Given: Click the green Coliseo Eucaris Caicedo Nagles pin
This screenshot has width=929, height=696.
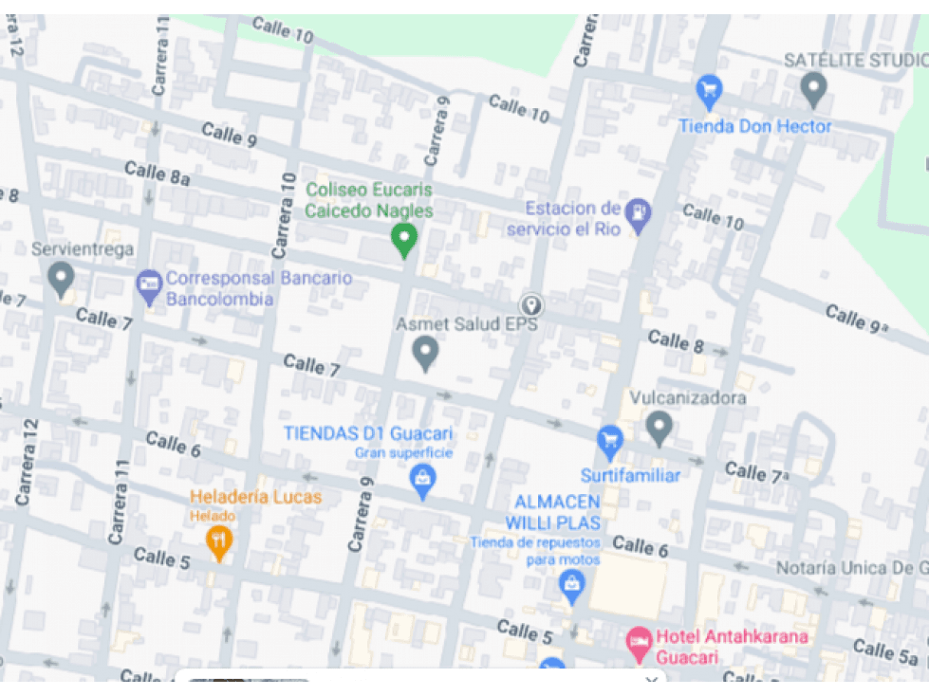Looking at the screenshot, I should (x=404, y=240).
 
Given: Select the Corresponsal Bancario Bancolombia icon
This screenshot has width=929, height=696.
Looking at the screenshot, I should (x=149, y=284).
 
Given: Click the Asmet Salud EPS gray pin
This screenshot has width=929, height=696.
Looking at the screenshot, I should (x=426, y=353).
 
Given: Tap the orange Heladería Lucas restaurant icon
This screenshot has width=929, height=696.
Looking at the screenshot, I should (x=219, y=540).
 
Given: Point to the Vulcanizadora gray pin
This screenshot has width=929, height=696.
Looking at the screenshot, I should (x=660, y=427).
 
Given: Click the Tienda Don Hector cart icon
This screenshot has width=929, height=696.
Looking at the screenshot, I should (x=709, y=91).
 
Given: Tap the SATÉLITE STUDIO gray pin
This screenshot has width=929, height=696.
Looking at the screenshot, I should (x=813, y=89).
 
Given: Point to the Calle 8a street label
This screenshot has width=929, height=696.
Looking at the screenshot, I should (x=158, y=174).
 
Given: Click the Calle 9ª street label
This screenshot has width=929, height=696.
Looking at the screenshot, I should (x=857, y=319).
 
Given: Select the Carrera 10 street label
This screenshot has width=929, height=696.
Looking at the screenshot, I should (x=281, y=215).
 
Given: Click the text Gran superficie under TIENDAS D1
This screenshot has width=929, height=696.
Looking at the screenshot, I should (x=403, y=453).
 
